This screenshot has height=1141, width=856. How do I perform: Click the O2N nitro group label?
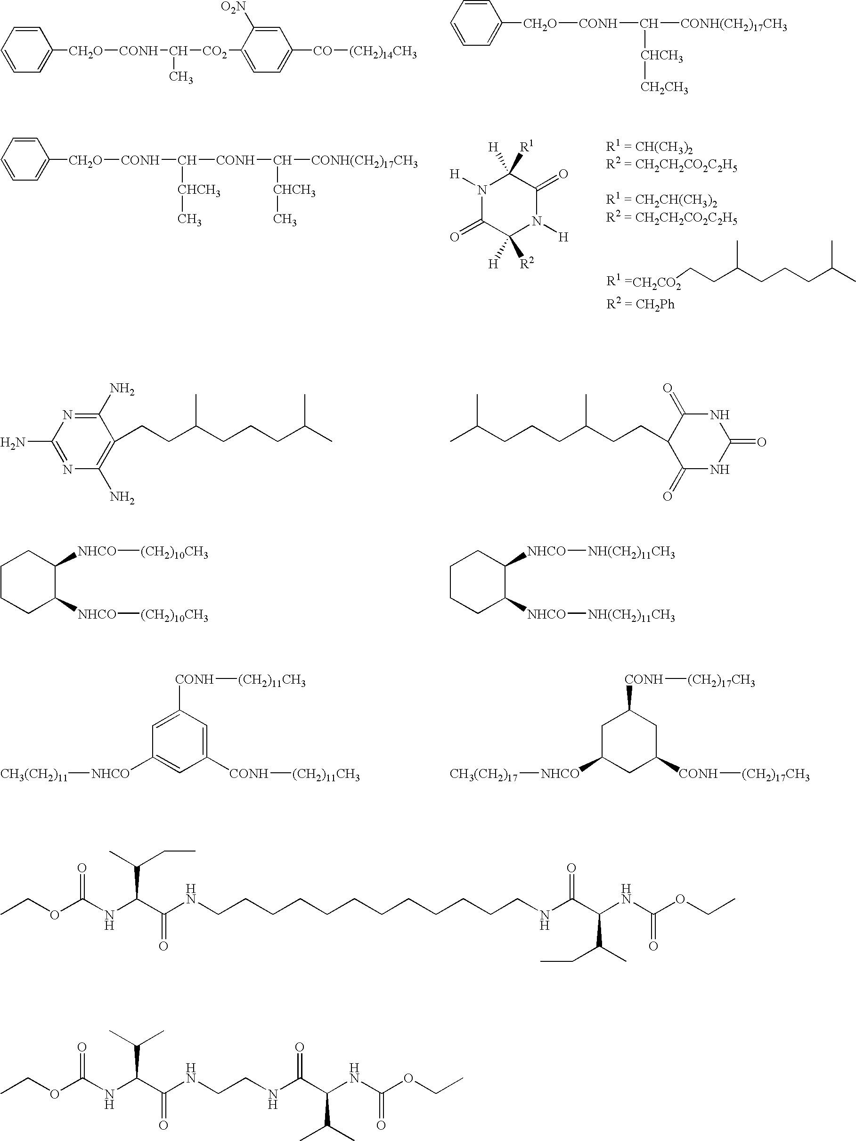tap(234, 7)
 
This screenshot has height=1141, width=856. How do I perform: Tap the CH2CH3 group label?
tap(664, 87)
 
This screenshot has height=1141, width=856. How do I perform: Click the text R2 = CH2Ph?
tap(640, 304)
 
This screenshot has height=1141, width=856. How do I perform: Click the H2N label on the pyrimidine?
tap(13, 442)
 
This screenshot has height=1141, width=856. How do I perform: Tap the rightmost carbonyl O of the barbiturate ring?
tap(762, 442)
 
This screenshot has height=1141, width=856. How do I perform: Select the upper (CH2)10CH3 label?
tap(174, 553)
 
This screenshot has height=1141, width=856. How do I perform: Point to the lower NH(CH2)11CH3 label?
tap(631, 615)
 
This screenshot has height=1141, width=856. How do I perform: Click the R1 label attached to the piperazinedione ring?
tap(526, 147)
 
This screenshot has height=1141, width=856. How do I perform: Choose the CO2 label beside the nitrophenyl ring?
tap(215, 53)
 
